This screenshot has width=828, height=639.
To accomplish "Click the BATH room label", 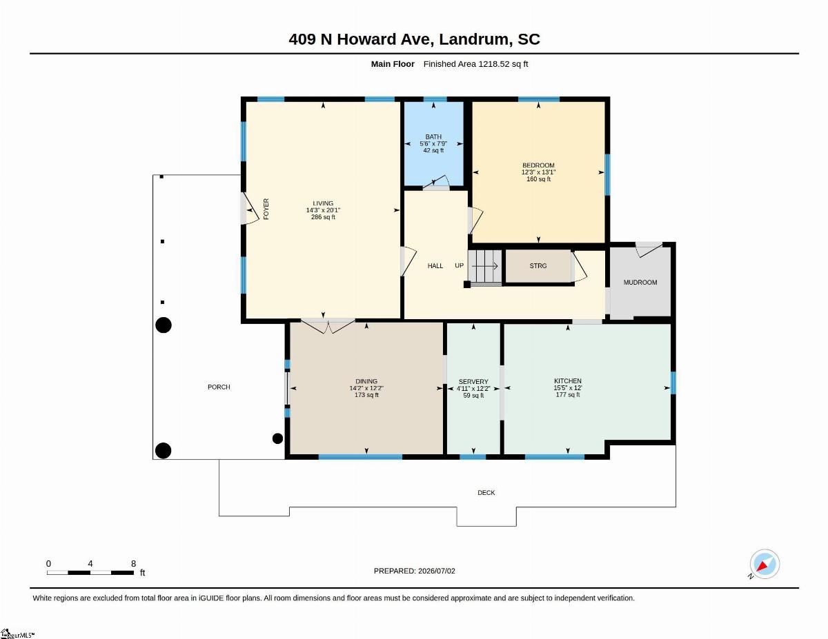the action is pyautogui.click(x=433, y=136).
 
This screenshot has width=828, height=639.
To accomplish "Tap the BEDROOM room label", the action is pyautogui.click(x=538, y=165).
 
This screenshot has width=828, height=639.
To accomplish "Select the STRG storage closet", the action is pyautogui.click(x=538, y=265).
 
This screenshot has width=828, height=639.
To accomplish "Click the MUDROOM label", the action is pyautogui.click(x=640, y=283).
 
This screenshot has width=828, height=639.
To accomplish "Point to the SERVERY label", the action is pyautogui.click(x=473, y=381).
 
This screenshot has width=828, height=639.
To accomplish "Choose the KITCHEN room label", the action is pyautogui.click(x=568, y=381).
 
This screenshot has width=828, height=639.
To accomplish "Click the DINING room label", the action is pyautogui.click(x=366, y=381).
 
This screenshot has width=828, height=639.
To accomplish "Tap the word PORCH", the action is pyautogui.click(x=219, y=387).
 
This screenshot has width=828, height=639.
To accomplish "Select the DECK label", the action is pyautogui.click(x=486, y=493).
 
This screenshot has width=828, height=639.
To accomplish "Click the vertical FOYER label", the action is pyautogui.click(x=266, y=209).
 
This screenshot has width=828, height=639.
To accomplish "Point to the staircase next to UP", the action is pyautogui.click(x=484, y=266).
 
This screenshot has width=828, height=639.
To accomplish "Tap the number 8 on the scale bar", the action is pyautogui.click(x=133, y=564).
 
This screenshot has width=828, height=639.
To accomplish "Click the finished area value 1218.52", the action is pyautogui.click(x=494, y=64).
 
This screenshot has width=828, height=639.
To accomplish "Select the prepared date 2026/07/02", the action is pyautogui.click(x=437, y=571).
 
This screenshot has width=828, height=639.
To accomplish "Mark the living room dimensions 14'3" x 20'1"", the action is pyautogui.click(x=323, y=210).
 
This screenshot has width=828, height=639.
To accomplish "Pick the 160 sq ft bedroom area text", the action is pyautogui.click(x=538, y=179).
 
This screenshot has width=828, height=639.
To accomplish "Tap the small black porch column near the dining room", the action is pyautogui.click(x=278, y=438).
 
